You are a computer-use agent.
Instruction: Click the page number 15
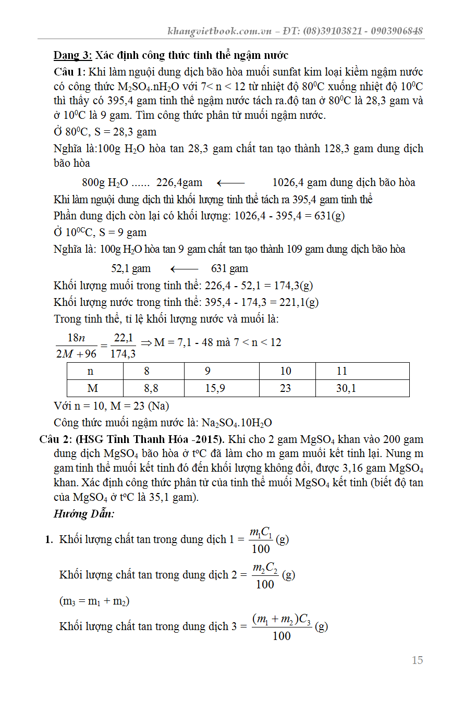point(417,660)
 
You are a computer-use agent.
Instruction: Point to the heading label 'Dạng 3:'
point(73,55)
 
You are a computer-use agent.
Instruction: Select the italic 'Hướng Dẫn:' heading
point(84,514)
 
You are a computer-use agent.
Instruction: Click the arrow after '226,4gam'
point(230,183)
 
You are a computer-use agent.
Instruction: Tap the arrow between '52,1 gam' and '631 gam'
point(184,269)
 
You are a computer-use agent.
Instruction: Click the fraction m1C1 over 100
point(261,540)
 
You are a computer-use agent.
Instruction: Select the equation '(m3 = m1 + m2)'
point(94,601)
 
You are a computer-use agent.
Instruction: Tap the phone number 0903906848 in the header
point(397,31)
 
